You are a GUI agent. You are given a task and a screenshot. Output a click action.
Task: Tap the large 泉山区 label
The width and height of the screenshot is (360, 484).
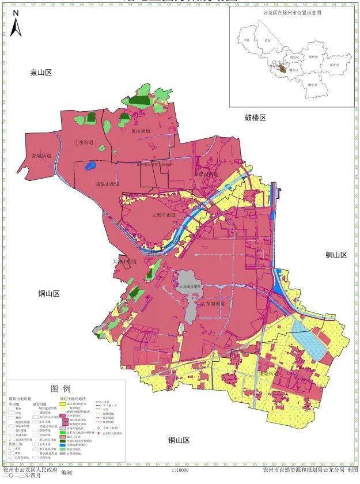[x=41, y=73]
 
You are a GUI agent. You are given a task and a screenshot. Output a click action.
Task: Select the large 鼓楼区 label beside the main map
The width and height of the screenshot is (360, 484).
[x=255, y=118]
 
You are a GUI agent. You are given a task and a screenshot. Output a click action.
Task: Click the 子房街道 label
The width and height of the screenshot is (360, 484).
[x=84, y=141]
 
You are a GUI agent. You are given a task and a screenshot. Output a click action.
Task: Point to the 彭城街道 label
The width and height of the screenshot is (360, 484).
[x=41, y=156]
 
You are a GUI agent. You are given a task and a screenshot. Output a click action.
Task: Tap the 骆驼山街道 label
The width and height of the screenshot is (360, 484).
[x=107, y=184]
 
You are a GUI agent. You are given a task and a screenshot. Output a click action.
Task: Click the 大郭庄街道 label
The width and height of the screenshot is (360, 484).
[x=155, y=214]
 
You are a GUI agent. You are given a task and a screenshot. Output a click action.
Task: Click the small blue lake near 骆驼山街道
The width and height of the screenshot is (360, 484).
[x=89, y=167]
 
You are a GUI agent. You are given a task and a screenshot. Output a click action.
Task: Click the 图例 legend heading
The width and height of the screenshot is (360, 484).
[x=60, y=388]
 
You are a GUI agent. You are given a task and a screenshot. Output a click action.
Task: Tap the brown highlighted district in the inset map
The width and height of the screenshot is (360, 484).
[x=279, y=69]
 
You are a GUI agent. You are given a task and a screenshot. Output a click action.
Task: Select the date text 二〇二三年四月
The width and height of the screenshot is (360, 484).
[x=22, y=477]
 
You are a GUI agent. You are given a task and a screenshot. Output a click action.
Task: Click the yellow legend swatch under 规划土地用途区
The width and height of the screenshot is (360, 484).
[x=64, y=403]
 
